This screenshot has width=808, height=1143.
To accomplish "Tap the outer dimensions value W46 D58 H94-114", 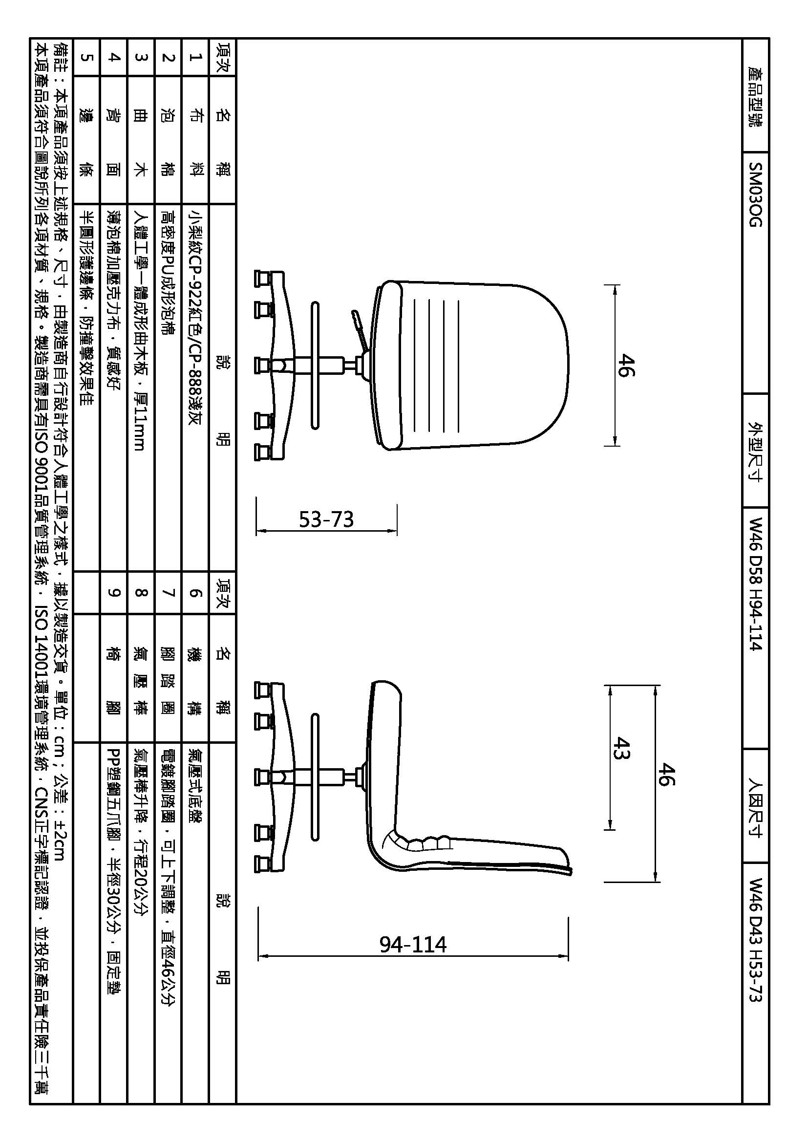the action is (755, 584).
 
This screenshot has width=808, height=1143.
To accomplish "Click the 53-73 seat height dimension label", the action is (326, 520).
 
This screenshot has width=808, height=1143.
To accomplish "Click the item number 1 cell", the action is (195, 57).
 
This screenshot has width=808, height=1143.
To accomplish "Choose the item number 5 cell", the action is (86, 57).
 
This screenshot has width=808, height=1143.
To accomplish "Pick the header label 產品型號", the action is (755, 97).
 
